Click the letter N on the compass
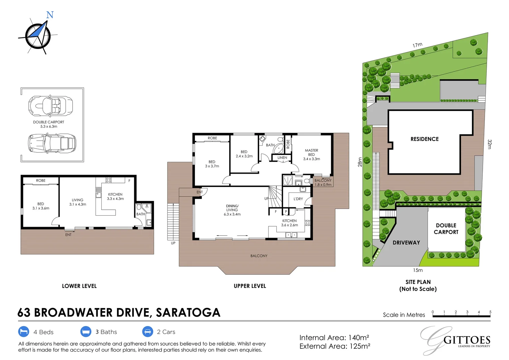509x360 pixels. (x=50, y=15)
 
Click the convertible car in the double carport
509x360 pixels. (x=51, y=106)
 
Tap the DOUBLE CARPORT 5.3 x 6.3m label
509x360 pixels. (x=49, y=124)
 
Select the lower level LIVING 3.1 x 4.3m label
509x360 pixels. (x=78, y=202)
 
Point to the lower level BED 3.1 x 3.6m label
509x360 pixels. (x=41, y=206)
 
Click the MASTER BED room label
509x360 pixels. (x=311, y=155)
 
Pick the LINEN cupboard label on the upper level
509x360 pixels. (x=282, y=158)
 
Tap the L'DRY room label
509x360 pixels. (x=298, y=199)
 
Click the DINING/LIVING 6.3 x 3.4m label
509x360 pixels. (x=232, y=210)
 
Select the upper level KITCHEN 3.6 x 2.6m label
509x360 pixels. (x=289, y=223)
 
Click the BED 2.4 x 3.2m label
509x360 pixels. (x=244, y=154)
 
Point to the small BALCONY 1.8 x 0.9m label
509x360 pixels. (x=323, y=182)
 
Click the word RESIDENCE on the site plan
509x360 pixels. (x=424, y=139)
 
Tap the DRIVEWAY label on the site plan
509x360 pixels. (x=406, y=243)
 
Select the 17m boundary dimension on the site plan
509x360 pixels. (x=417, y=45)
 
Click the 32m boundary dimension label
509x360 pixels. (x=489, y=144)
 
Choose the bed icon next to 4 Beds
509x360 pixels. (x=23, y=332)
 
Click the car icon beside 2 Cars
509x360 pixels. (x=148, y=332)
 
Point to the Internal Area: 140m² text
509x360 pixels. (x=334, y=338)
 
